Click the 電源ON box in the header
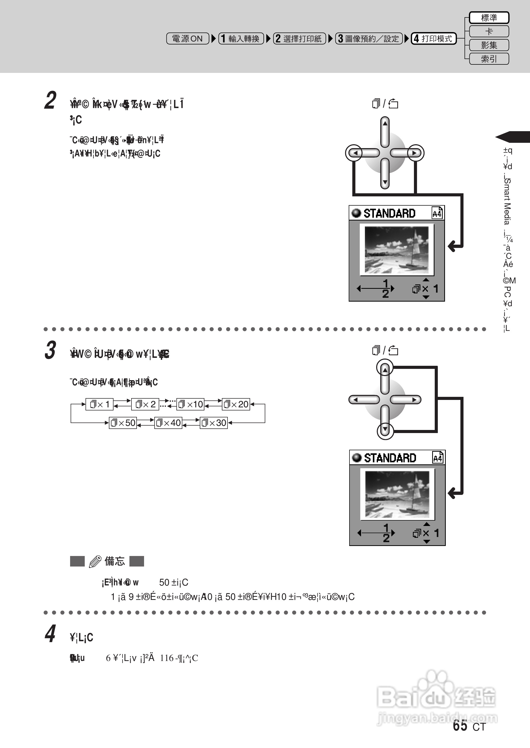click(x=187, y=39)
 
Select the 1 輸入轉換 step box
click(x=241, y=39)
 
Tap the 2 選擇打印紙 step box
click(x=299, y=39)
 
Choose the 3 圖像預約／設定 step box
click(x=369, y=39)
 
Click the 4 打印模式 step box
click(x=433, y=39)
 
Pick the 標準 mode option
click(x=489, y=18)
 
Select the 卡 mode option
click(x=489, y=31)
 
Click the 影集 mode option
click(x=489, y=45)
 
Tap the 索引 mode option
click(x=489, y=59)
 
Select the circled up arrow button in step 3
click(x=385, y=368)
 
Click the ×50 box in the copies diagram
click(x=123, y=423)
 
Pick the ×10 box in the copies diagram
click(x=190, y=404)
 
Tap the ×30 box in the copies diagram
click(x=213, y=423)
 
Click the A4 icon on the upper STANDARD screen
click(x=437, y=213)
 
